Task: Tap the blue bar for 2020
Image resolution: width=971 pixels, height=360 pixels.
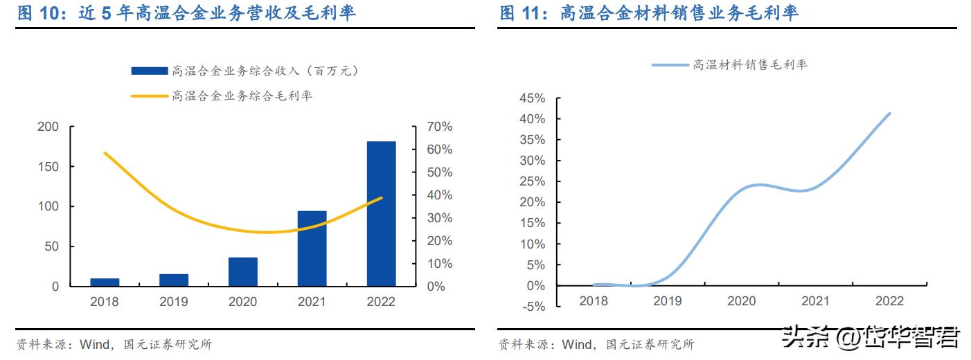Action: tap(242, 271)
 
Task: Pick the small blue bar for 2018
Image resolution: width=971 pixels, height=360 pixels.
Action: tap(105, 282)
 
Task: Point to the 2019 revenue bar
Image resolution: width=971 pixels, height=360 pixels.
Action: tap(173, 280)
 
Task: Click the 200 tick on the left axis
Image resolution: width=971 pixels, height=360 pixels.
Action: tap(48, 127)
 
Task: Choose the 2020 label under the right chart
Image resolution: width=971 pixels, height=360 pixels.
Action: tap(741, 301)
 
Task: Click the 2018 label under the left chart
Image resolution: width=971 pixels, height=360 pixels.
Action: tap(105, 302)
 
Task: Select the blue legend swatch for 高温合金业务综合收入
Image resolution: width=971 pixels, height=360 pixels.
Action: tap(149, 71)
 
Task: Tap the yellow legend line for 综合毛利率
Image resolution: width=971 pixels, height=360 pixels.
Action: tap(149, 95)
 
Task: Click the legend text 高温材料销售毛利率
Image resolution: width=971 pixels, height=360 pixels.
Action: tap(750, 64)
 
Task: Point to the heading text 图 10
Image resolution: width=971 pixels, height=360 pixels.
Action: tap(40, 12)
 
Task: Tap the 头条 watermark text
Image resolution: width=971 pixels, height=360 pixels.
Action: tap(798, 339)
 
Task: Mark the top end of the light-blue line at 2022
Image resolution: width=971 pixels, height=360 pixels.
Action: tap(889, 114)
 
